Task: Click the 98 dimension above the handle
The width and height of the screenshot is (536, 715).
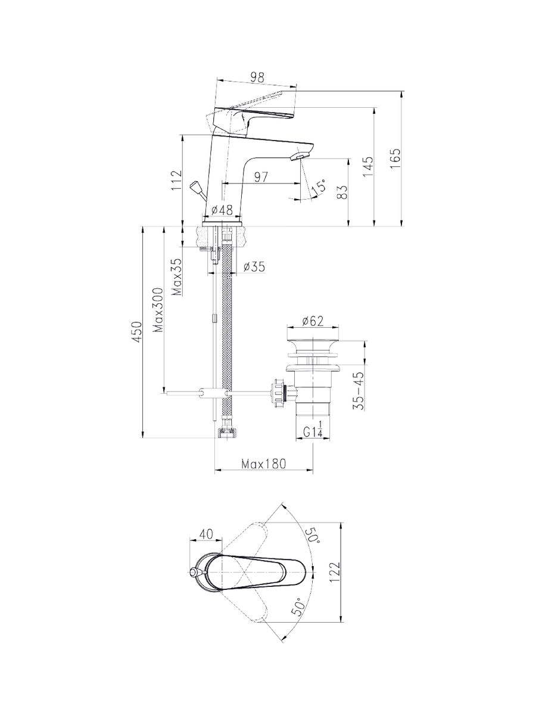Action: pyautogui.click(x=257, y=77)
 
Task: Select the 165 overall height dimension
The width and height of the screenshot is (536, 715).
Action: pyautogui.click(x=395, y=158)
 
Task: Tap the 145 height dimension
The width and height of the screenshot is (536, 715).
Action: pyautogui.click(x=368, y=167)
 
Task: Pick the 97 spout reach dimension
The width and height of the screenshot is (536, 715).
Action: pyautogui.click(x=261, y=177)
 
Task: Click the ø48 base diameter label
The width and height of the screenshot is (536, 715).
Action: pyautogui.click(x=223, y=210)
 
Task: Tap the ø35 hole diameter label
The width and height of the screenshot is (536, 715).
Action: pyautogui.click(x=254, y=267)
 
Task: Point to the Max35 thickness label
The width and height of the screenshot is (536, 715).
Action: pyautogui.click(x=177, y=277)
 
